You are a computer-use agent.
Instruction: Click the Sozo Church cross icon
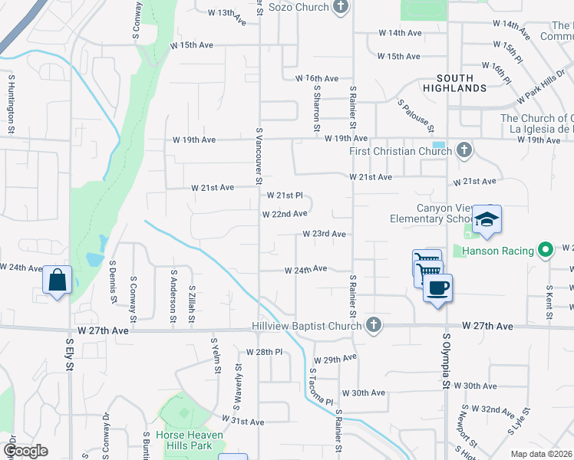(341, 7)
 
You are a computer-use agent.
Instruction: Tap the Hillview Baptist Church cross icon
(374, 326)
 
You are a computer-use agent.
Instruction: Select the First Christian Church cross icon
(464, 150)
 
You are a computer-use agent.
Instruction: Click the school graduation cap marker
(487, 220)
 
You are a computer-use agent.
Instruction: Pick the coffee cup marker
(437, 288)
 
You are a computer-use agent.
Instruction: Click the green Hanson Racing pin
(546, 249)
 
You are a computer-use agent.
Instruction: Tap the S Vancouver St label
(260, 156)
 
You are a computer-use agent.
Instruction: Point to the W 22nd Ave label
(285, 214)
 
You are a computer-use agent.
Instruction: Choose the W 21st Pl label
(284, 195)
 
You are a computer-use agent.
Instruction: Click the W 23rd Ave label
(324, 234)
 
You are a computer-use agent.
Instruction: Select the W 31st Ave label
(242, 421)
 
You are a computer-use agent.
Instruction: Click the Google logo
(25, 451)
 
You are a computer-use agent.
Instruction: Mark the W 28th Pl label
(265, 351)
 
